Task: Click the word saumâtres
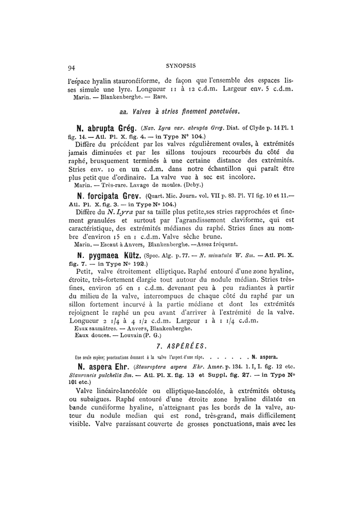pyautogui.click(x=102, y=327)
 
